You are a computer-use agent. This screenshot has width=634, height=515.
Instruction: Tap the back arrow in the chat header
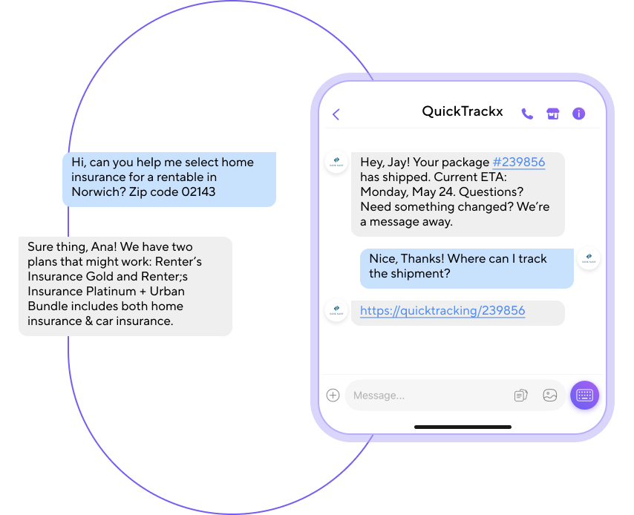pos(336,114)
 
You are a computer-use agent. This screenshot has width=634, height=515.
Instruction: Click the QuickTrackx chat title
pos(462,112)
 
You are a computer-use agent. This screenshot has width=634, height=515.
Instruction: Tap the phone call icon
pos(527,114)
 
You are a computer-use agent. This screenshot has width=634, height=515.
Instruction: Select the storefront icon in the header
pos(552,114)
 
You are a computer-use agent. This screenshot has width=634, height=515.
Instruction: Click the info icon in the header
pos(579,114)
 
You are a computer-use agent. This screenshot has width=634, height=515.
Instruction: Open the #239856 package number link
pos(518,163)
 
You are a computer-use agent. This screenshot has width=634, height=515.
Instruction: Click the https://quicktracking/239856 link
pos(442,311)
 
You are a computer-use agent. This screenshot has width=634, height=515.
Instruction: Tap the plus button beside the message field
pos(333,396)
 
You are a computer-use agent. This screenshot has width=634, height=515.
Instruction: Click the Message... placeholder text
pos(379,396)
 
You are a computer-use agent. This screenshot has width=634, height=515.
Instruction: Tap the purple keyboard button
pos(584,395)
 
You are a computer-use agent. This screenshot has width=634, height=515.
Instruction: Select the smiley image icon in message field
pos(549,396)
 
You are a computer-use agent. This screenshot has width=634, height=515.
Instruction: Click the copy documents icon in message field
pos(520,396)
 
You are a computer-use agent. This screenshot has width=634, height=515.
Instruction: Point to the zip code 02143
pos(198,191)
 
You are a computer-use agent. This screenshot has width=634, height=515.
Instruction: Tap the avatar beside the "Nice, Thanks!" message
pos(589,258)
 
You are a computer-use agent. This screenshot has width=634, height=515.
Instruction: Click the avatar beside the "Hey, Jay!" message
pos(336,163)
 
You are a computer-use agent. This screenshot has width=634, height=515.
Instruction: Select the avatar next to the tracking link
pos(336,310)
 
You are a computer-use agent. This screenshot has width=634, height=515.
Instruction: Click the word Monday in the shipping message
pos(385,192)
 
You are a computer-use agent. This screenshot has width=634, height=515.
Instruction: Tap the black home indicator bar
pos(463,427)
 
